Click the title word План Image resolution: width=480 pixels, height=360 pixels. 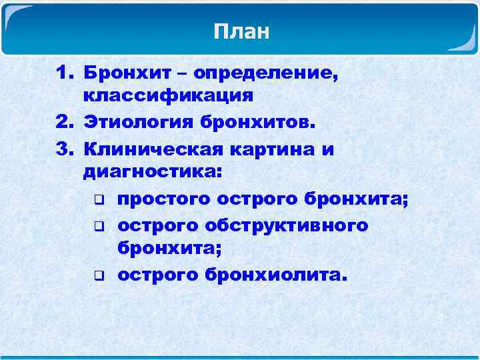click(241, 31)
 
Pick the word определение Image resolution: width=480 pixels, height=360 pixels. click(270, 72)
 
